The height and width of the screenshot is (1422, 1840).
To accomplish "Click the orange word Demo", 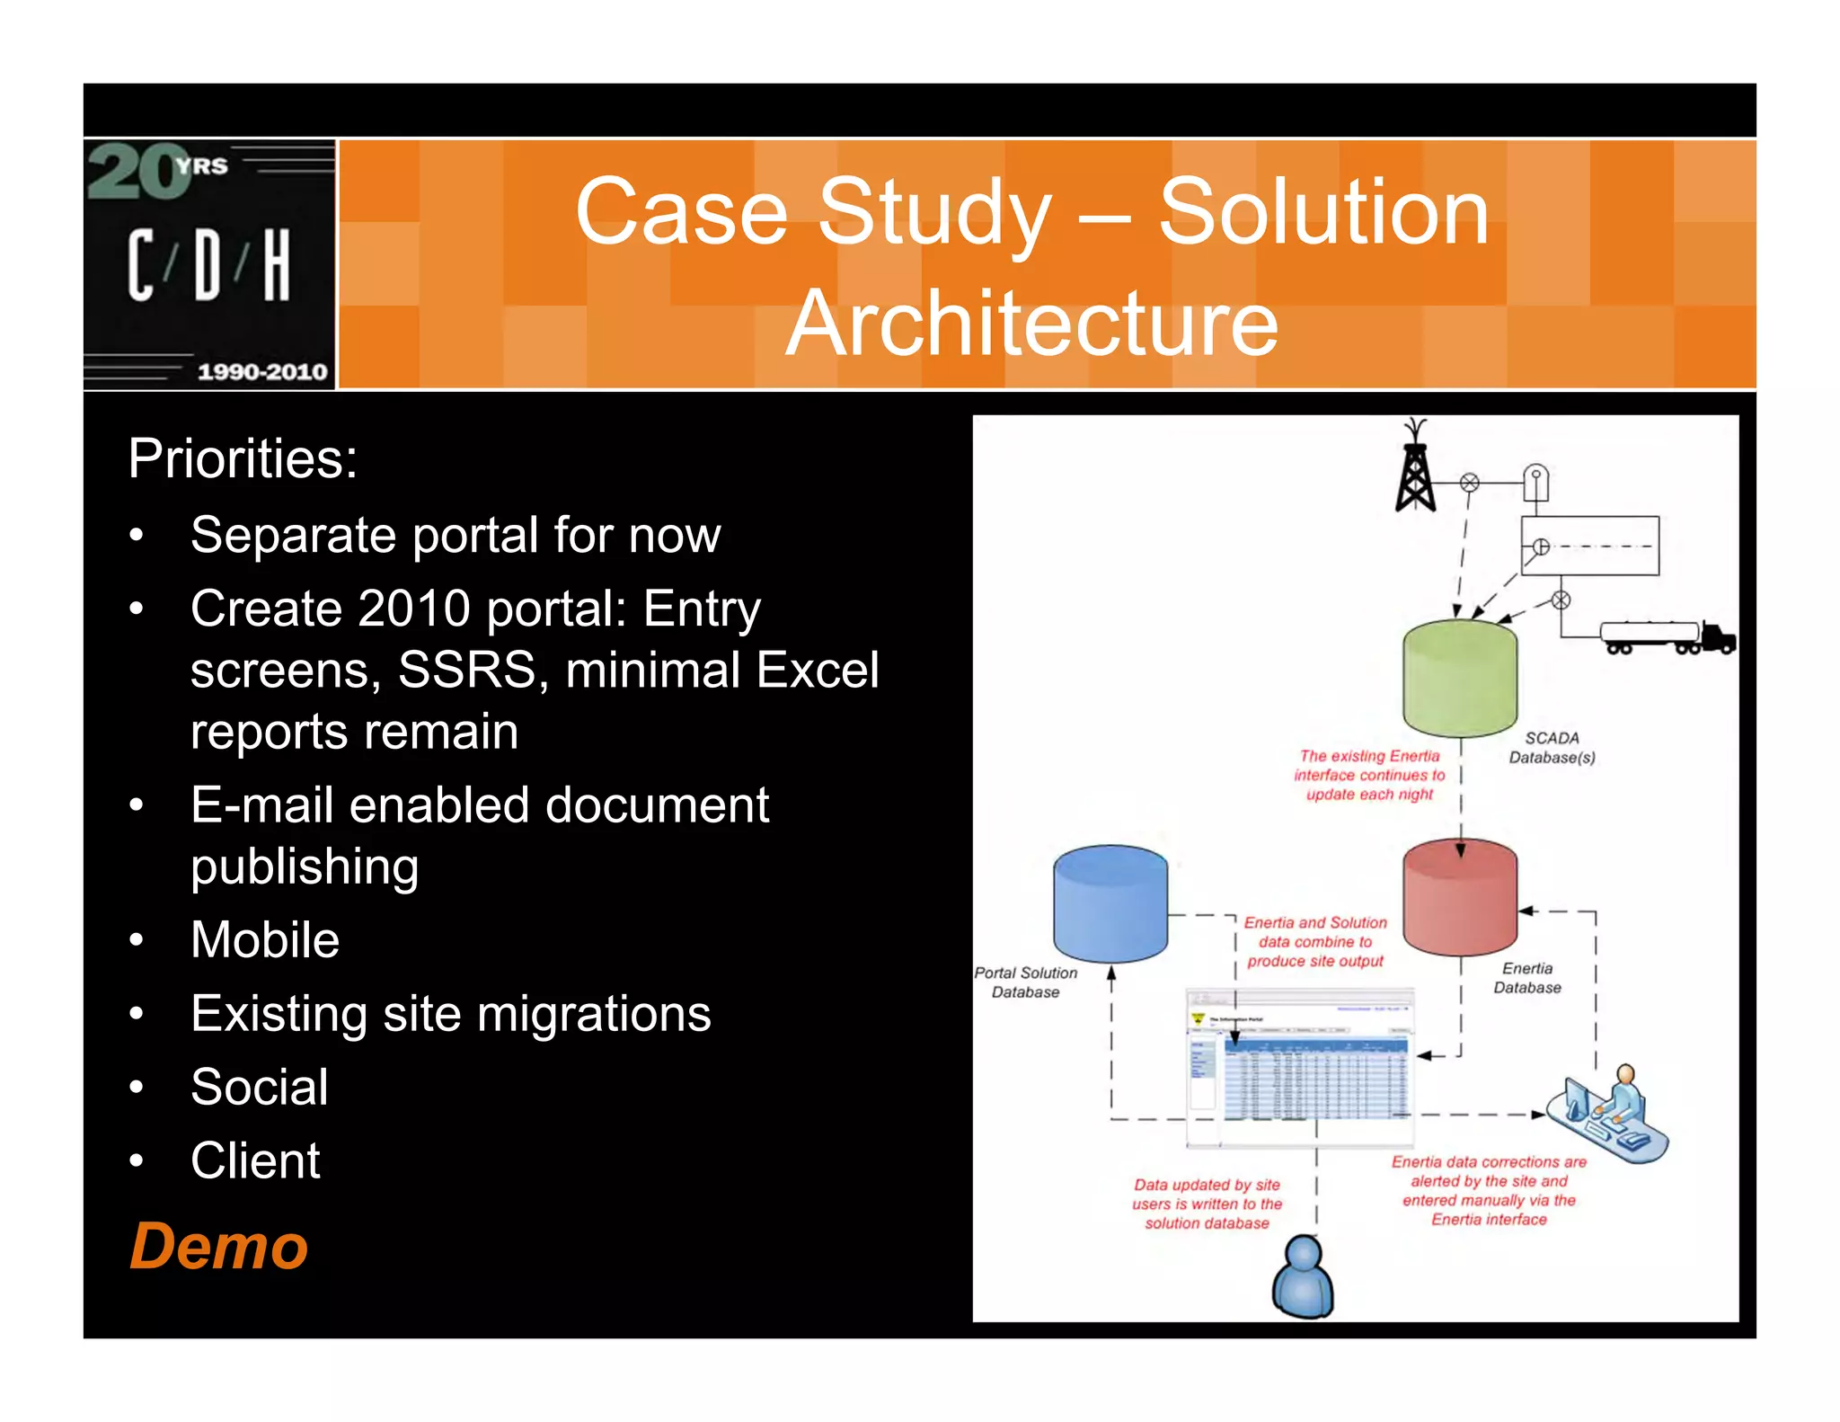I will click(x=218, y=1247).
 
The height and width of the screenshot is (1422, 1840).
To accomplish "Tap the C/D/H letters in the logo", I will click(x=208, y=264).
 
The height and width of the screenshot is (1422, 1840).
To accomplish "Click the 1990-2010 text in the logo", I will click(x=261, y=371).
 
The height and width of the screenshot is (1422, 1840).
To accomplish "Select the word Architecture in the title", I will click(x=1031, y=323).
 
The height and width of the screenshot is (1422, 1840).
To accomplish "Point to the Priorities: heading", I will click(x=243, y=458).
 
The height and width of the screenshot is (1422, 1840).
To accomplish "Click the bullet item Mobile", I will click(x=265, y=940).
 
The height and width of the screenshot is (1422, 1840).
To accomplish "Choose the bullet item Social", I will click(x=260, y=1087).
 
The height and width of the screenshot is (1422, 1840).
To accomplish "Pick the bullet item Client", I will click(x=255, y=1160).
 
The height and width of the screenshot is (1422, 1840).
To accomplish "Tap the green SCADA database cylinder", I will click(x=1459, y=679).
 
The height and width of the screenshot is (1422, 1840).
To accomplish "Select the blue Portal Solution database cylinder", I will click(x=1110, y=903).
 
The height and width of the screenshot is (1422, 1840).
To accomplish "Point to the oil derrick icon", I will click(x=1415, y=467).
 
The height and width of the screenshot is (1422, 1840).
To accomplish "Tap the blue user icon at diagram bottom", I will click(x=1303, y=1276).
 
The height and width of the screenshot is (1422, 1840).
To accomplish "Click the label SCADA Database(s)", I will click(x=1552, y=747).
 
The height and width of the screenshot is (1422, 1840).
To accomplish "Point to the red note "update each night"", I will click(x=1369, y=794).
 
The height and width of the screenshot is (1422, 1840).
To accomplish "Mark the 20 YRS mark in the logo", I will click(x=157, y=171).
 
